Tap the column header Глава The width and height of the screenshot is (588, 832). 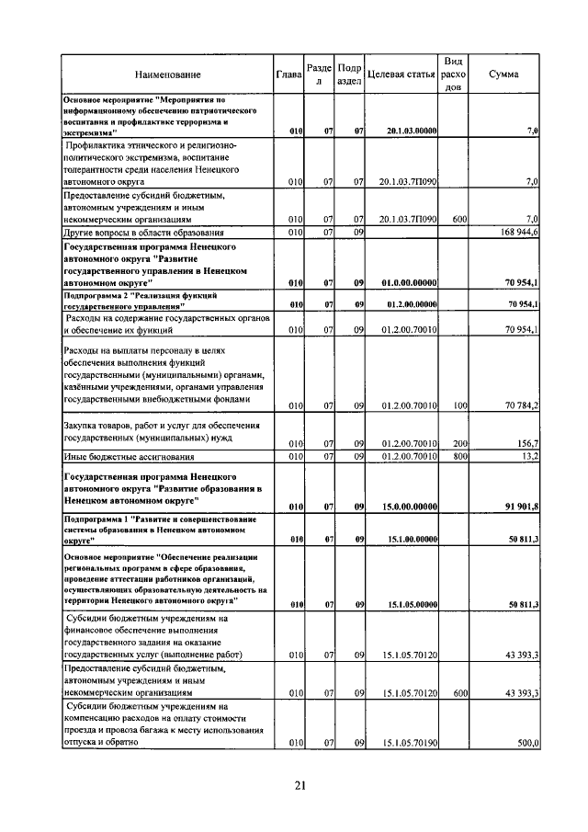289,74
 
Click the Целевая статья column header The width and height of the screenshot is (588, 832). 401,74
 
